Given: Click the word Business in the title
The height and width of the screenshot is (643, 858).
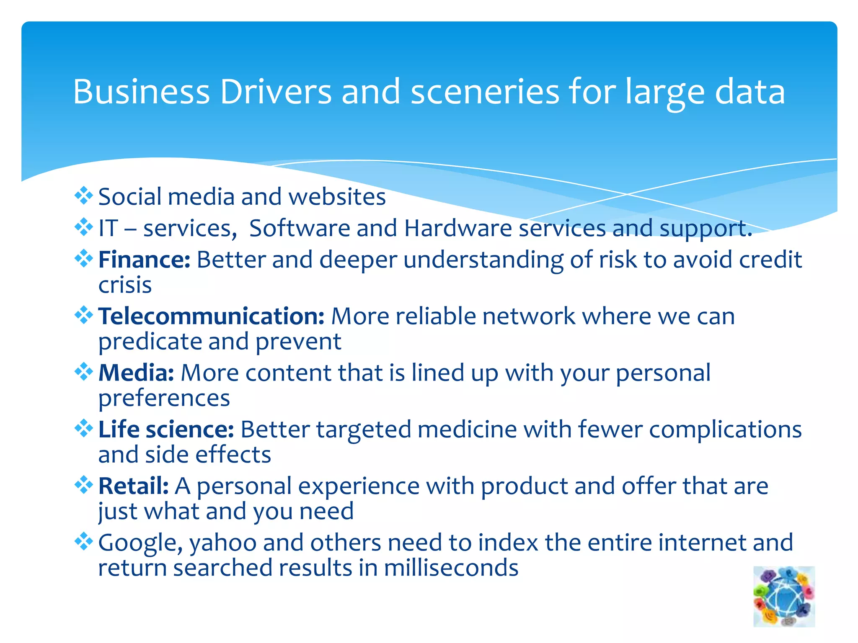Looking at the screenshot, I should [141, 92].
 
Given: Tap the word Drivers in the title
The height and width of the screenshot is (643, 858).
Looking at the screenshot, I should [276, 92].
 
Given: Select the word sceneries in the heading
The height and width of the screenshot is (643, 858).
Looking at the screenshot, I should [485, 92].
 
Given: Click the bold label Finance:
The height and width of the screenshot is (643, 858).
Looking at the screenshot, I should [145, 260].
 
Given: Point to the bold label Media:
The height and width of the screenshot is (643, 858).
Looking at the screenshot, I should [136, 373].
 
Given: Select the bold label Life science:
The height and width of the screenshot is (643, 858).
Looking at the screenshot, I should [166, 430].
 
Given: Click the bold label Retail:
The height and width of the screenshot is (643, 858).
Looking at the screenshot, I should [134, 486].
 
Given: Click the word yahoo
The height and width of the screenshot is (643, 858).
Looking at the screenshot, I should [223, 543].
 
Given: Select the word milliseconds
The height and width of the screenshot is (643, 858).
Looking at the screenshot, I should [451, 568].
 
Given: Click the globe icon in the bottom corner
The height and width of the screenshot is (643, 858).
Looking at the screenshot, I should [784, 596].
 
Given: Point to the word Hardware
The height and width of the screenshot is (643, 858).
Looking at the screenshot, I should [458, 229].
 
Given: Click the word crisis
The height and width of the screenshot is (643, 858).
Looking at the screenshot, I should [125, 285].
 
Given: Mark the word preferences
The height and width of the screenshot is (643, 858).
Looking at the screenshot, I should [164, 399].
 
